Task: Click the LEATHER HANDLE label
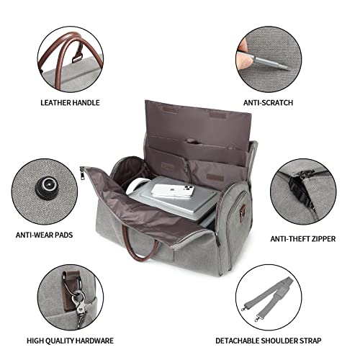(x=70, y=103)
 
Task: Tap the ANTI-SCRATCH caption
(x=268, y=103)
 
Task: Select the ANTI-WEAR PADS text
(x=44, y=235)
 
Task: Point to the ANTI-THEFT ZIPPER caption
(x=303, y=239)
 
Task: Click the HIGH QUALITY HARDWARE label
(x=70, y=341)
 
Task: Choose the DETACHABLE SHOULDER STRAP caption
(x=268, y=341)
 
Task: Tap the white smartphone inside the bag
(x=172, y=191)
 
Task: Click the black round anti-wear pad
(x=47, y=189)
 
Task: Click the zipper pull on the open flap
(x=83, y=174)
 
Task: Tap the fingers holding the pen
(x=243, y=55)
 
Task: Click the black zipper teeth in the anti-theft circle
(x=300, y=192)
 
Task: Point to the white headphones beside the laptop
(x=135, y=186)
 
